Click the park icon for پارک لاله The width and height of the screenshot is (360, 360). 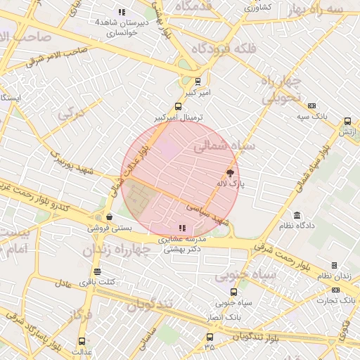click(230, 173)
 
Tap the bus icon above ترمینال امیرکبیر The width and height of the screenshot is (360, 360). click(178, 107)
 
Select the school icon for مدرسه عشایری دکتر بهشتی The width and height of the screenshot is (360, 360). click(182, 228)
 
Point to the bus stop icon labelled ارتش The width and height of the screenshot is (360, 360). click(347, 121)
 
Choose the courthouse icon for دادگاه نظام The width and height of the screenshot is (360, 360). click(297, 215)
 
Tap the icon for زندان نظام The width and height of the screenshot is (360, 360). click(334, 265)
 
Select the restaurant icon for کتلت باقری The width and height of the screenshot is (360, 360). click(97, 271)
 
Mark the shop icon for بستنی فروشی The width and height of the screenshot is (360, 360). click(109, 217)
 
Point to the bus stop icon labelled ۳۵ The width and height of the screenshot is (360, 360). click(209, 337)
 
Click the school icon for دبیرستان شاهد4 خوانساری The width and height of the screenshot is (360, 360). click(122, 12)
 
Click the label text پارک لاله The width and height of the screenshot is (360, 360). click(231, 184)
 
